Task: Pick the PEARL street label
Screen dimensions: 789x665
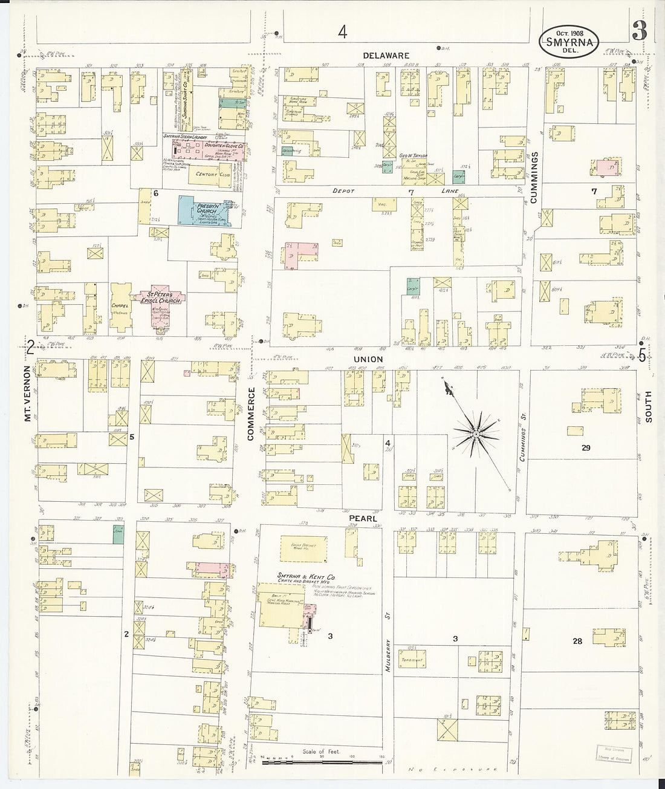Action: click(363, 519)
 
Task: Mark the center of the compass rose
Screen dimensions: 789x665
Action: click(476, 433)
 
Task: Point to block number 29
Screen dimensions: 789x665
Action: click(585, 448)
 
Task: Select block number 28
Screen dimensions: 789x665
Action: click(577, 641)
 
